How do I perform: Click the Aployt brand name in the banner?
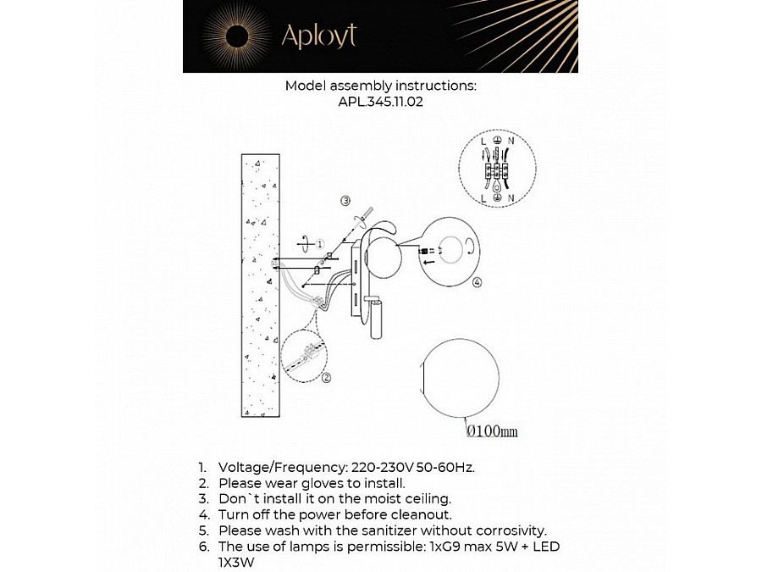pos(318,36)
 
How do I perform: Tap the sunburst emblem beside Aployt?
pos(236,36)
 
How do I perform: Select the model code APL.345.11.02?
pos(381,101)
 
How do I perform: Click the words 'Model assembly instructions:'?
pos(381,86)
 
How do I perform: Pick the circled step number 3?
pos(345,201)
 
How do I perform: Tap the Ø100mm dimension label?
pos(492,431)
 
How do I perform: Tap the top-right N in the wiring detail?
pos(511,141)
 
